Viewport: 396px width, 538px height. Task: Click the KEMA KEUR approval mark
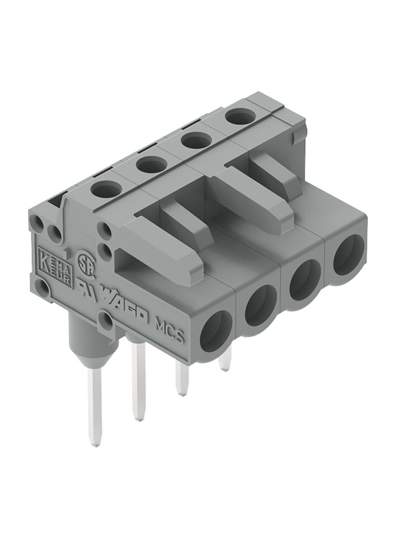tap(55, 266)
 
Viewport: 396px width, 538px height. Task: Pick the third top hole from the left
tap(196, 140)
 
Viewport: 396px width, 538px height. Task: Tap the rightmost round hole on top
tap(239, 117)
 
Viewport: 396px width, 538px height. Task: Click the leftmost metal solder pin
tap(94, 404)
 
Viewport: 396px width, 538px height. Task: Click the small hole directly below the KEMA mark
tap(43, 290)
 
